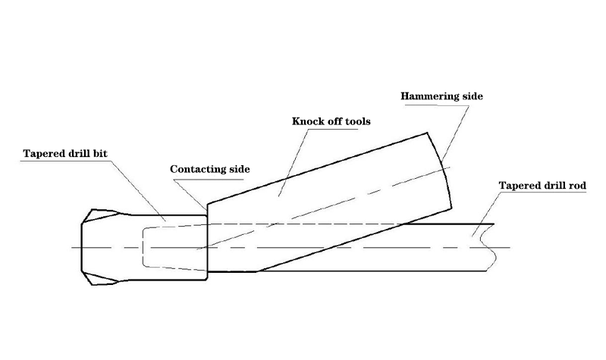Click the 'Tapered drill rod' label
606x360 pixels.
pos(542,185)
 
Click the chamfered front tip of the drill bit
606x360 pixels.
pos(88,247)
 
